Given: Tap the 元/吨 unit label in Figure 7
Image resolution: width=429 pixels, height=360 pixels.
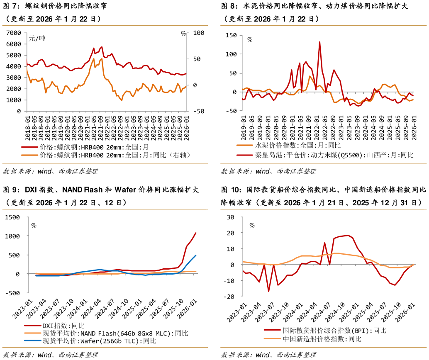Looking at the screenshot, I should [37, 39].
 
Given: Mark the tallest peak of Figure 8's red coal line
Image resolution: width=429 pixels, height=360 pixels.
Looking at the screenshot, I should [319, 42].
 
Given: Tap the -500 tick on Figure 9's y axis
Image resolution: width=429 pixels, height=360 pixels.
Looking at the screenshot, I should [13, 293].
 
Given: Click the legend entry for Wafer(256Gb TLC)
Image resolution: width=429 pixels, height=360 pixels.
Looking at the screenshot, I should [100, 341].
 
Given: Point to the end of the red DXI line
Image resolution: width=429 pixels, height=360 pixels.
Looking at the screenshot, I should [196, 233].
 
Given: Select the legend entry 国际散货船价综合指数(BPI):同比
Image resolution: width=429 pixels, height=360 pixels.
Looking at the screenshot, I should [334, 331].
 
